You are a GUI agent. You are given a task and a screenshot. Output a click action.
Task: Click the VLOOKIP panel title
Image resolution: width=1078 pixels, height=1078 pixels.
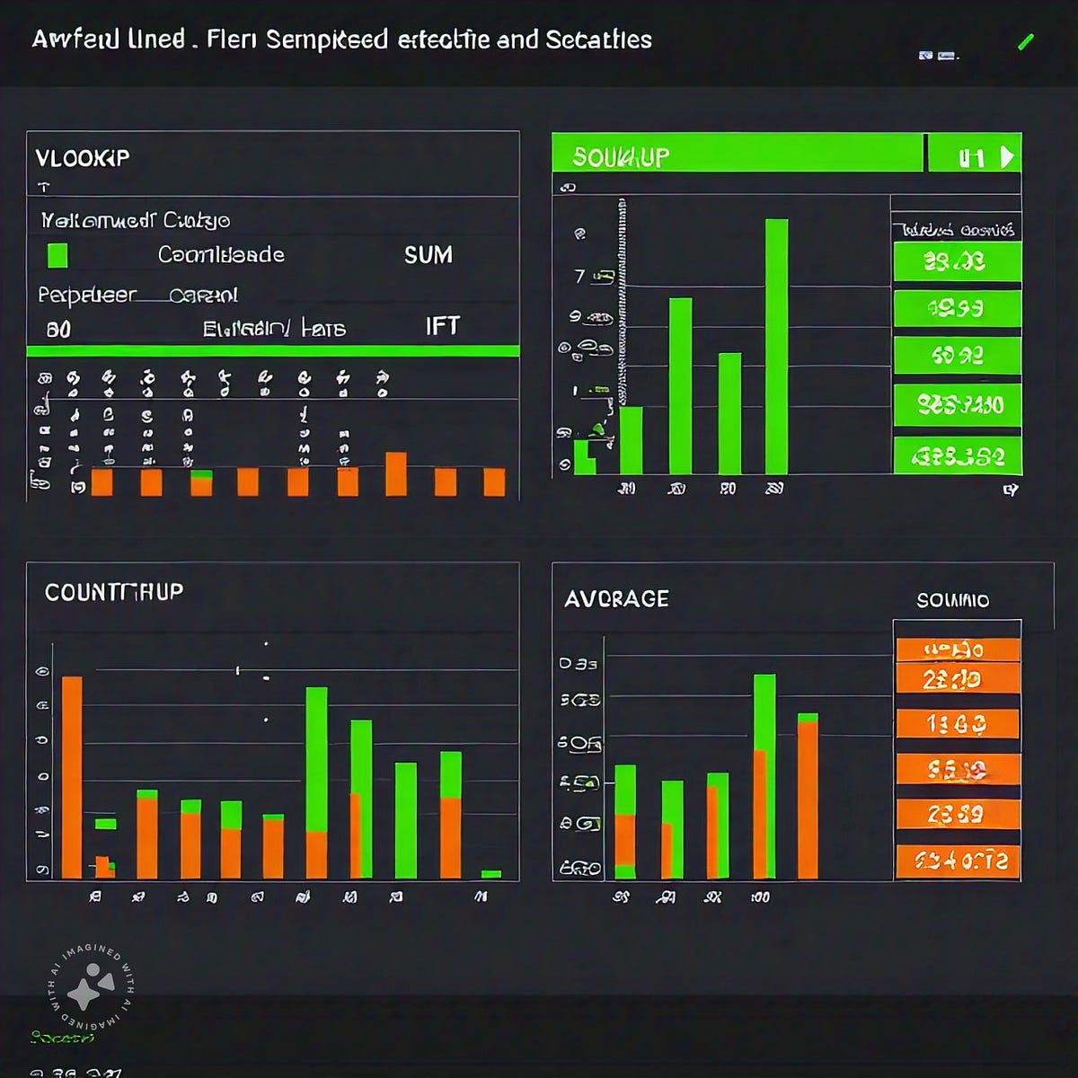click(x=83, y=158)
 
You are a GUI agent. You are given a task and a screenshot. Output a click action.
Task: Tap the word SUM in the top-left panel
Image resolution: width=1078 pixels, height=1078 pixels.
click(x=429, y=255)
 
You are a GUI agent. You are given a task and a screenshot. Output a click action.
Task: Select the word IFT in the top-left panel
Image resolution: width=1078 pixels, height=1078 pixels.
click(x=442, y=325)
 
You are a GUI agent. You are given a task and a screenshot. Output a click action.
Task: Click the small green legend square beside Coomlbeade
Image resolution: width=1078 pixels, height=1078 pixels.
click(x=57, y=256)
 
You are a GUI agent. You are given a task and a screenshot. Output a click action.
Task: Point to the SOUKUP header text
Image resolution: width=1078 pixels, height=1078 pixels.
click(x=621, y=157)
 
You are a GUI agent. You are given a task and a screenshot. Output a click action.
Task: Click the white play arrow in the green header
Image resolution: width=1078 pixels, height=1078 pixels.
click(x=1007, y=157)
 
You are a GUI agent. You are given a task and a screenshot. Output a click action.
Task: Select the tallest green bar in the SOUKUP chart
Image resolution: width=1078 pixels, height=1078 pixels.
click(x=776, y=346)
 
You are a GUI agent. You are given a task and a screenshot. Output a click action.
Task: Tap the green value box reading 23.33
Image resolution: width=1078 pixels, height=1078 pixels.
click(x=957, y=262)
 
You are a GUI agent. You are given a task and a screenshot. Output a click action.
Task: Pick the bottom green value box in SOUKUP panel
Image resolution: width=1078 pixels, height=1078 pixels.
click(x=958, y=456)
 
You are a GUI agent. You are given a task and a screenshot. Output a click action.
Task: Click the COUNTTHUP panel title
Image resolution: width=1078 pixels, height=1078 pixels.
click(x=114, y=592)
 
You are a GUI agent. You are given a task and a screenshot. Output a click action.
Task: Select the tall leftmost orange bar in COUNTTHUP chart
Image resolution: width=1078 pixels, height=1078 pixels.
click(x=72, y=777)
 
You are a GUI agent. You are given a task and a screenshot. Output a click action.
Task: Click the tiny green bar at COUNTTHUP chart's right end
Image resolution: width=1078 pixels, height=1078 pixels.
click(x=490, y=873)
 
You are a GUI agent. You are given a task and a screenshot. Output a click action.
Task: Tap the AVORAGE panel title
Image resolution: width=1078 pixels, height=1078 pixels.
click(x=616, y=599)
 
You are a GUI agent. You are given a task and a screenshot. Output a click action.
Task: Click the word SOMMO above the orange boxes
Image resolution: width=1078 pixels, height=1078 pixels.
click(x=952, y=600)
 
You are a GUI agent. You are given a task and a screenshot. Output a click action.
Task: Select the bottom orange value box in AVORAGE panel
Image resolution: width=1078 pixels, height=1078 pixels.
click(x=958, y=862)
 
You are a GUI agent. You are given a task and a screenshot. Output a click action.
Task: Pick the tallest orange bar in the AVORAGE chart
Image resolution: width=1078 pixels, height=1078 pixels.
click(x=808, y=800)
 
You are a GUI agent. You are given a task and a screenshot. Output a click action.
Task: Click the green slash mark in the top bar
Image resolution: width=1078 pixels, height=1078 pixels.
click(x=1026, y=41)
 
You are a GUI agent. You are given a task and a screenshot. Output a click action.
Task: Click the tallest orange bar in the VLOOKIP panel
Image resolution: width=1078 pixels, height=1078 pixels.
click(x=395, y=473)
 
